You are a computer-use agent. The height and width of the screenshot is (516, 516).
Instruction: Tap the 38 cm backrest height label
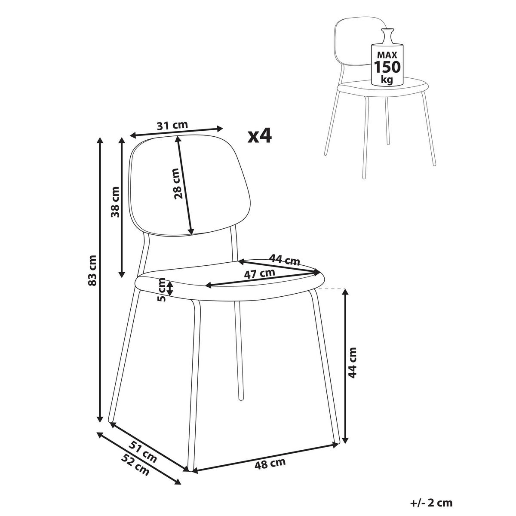tap(115, 202)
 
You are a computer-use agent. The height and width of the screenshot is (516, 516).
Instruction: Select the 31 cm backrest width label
tap(172, 125)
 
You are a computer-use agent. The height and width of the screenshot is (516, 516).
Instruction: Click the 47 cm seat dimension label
tap(259, 274)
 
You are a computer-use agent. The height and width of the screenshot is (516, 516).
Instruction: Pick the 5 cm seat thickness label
tap(162, 290)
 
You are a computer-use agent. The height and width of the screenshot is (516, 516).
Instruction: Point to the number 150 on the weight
tap(387, 67)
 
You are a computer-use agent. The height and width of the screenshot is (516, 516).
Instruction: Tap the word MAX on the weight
tap(387, 55)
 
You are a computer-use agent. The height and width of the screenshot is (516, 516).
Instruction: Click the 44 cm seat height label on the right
tap(353, 362)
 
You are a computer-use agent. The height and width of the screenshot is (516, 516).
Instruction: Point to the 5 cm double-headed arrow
tap(170, 288)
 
